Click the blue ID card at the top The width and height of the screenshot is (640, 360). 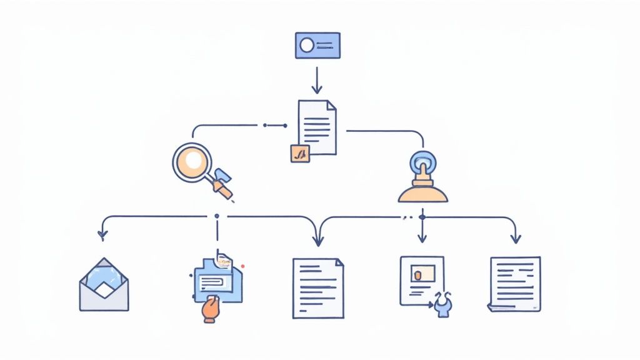pos(317,46)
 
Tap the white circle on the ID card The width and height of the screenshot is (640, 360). pos(307,45)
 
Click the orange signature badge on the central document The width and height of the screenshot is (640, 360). pos(300,153)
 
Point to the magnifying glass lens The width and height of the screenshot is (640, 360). pos(193,160)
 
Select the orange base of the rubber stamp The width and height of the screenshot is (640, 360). pos(423,194)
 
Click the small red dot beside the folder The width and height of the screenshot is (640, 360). pos(242,266)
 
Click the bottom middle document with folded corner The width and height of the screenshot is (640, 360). pos(318,288)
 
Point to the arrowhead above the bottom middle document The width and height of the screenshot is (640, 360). pos(318,240)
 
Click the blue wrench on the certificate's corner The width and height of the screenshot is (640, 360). pos(443,304)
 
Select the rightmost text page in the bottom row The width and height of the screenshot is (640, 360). pos(515,284)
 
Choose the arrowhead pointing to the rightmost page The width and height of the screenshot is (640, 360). pos(516,238)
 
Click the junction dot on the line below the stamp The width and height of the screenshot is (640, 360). pos(422,217)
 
